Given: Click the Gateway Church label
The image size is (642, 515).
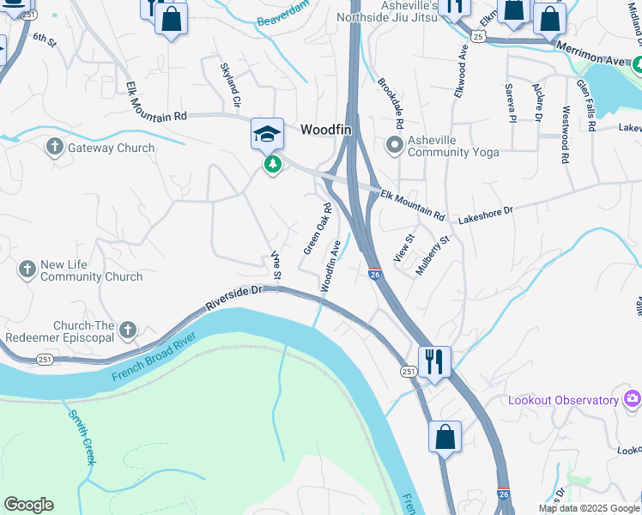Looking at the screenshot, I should point(112,148).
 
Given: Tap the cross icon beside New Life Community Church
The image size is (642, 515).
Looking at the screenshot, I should point(27,270).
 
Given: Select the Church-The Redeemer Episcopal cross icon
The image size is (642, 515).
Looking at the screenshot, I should point(128,330).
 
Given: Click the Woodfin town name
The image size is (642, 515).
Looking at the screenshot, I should point(330,130).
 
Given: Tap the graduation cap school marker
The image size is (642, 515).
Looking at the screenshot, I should point(267,133).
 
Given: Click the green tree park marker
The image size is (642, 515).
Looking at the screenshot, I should point(273,164).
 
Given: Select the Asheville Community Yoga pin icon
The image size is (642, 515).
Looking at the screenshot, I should point(395,144).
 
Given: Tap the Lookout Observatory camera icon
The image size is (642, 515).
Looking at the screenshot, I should point(633,398).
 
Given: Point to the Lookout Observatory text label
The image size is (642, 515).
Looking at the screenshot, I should point(563,401).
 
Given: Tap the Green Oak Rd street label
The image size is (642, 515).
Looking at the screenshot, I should point(318,228).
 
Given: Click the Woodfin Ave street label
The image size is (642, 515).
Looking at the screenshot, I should point(331,266).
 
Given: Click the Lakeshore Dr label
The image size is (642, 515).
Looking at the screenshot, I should point(485,210).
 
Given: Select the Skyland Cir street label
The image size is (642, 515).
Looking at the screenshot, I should point(230,84).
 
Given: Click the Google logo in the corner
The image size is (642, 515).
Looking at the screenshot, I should point(28,505).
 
